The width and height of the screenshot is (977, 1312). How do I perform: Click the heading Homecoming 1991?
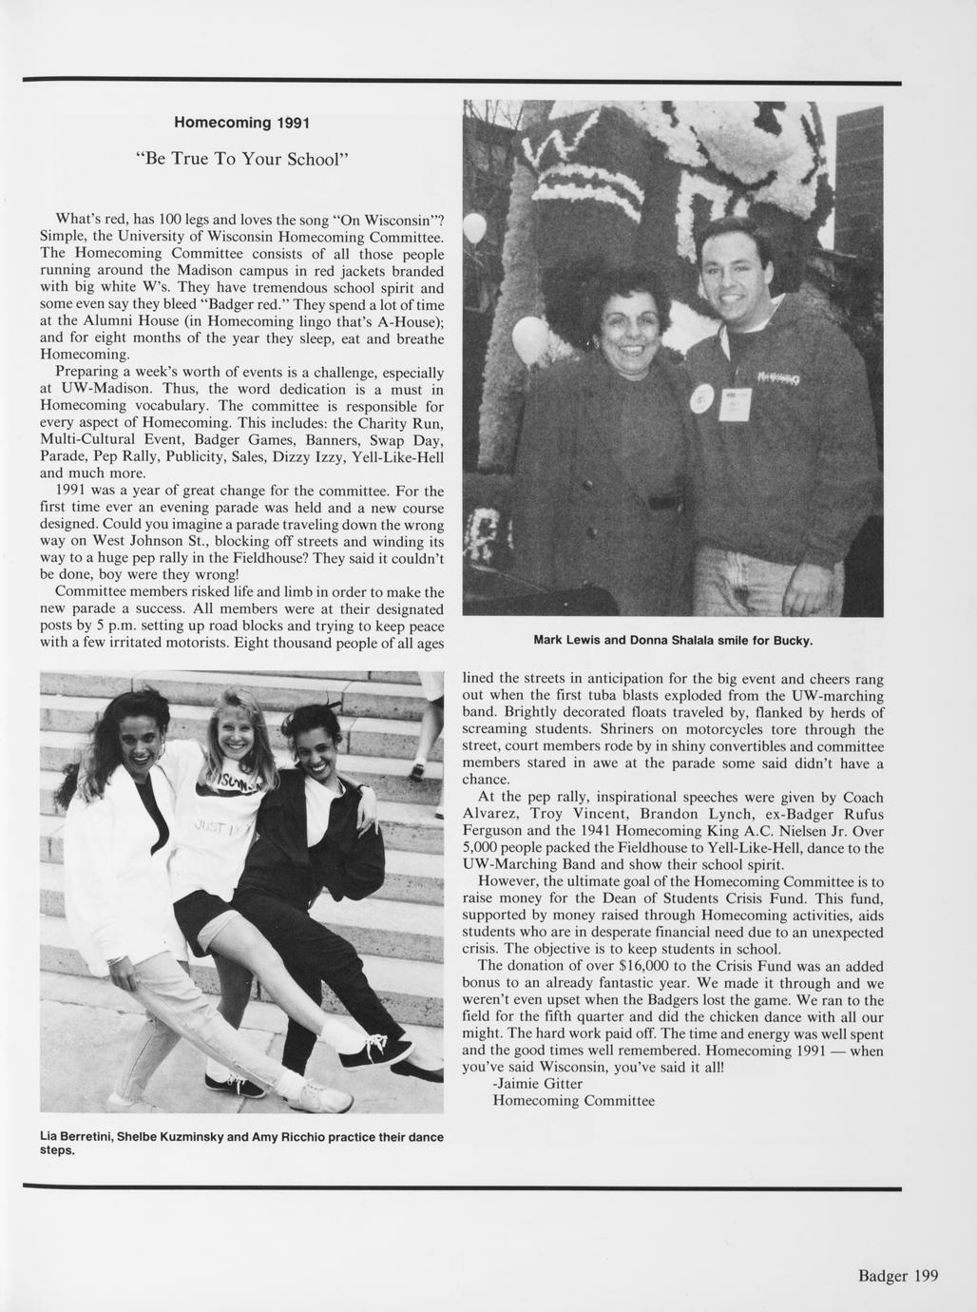pos(241,124)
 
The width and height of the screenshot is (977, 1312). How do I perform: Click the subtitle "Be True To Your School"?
pos(241,158)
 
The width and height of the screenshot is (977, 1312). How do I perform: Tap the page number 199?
pos(921,1276)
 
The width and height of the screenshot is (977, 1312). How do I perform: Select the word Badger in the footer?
pos(880,1276)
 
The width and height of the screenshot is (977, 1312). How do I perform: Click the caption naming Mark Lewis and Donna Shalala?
pos(673,640)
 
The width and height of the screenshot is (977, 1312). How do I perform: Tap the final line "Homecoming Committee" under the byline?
pos(573,1101)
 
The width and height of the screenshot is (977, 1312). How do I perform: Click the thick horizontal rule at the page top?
pos(462,82)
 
